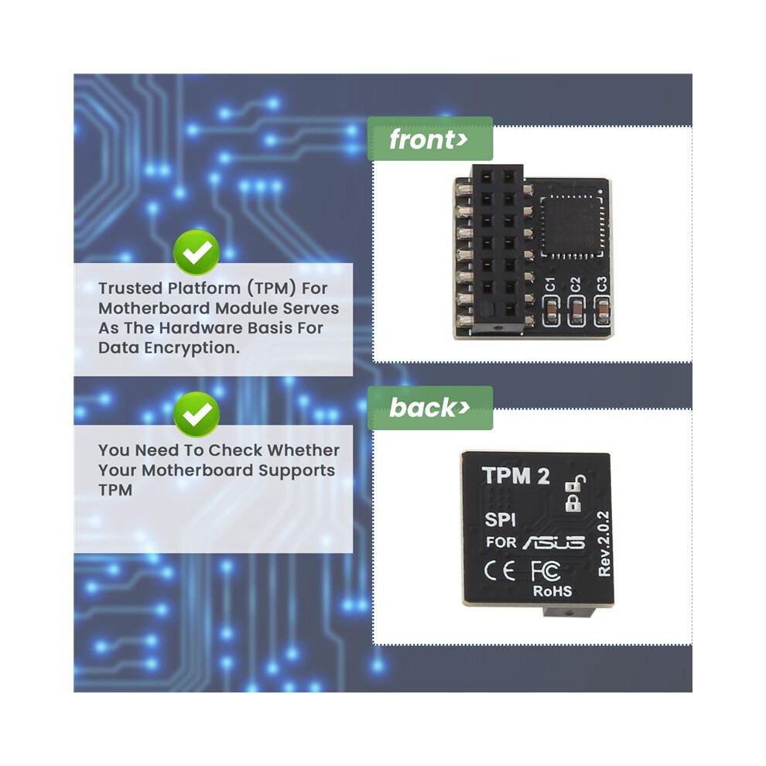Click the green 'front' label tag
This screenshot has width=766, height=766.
(x=430, y=138)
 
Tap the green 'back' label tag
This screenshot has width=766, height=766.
(x=430, y=408)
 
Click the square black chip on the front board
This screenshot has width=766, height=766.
(x=573, y=226)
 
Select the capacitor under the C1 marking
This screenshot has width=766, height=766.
(x=551, y=309)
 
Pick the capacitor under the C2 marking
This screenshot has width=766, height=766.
(x=577, y=309)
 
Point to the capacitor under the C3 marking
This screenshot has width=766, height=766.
(x=603, y=309)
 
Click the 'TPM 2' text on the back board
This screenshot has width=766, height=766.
(x=516, y=475)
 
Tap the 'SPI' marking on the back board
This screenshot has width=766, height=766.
(x=501, y=520)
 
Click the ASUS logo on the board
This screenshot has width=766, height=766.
(x=554, y=542)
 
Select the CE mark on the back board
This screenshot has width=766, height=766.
(x=500, y=570)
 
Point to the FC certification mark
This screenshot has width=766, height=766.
(x=545, y=570)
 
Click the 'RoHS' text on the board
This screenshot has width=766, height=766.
(x=552, y=591)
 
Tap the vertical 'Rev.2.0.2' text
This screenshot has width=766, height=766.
(x=604, y=544)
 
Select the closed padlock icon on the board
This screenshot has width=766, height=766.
(x=573, y=503)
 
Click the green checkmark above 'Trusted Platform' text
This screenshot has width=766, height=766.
(x=197, y=252)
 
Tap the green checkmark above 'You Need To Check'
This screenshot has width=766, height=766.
(x=197, y=414)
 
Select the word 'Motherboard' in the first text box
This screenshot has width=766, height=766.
(x=155, y=308)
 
